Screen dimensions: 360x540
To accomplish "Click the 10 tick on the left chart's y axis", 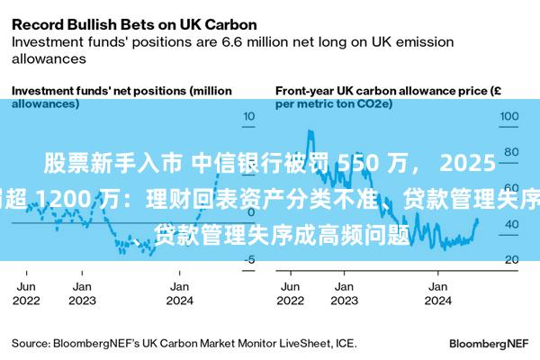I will [249, 116].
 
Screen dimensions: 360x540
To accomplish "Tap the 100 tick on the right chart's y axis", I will [510, 116].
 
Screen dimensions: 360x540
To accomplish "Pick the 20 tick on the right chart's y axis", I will [510, 260].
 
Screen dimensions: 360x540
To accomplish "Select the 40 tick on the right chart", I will [510, 224].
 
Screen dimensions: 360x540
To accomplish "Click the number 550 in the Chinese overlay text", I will [354, 163].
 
